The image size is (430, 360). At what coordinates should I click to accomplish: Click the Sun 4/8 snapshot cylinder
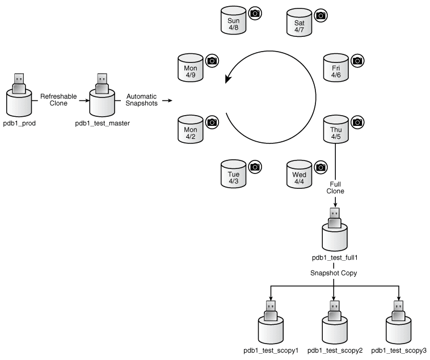point(233,20)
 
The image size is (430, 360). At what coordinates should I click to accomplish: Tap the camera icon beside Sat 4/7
point(321,16)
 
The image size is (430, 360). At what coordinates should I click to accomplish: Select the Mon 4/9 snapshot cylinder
point(191,67)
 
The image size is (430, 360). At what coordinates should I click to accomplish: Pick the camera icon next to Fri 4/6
point(357,61)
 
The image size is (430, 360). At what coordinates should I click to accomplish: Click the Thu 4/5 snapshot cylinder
point(336,129)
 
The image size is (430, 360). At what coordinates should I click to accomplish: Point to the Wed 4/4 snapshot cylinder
point(299,174)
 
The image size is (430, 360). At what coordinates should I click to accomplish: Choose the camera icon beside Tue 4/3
point(255,167)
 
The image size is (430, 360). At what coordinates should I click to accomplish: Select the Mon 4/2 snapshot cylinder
point(191,129)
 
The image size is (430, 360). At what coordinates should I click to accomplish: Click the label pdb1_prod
point(19,123)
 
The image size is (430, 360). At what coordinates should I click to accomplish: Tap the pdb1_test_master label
point(102,123)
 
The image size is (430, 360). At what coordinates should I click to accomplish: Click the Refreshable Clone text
point(58,100)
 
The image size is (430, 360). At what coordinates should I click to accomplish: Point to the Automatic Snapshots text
point(141,100)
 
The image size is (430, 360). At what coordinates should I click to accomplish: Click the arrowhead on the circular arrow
point(228,78)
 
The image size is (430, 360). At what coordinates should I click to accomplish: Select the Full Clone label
point(335,188)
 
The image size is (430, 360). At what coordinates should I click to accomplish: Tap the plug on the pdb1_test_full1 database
point(335,218)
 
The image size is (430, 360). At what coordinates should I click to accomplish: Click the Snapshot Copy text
point(334,273)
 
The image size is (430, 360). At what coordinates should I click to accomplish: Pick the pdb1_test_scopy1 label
point(271,350)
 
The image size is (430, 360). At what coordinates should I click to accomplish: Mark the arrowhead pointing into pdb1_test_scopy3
point(398,298)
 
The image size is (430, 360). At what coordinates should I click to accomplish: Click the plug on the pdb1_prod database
point(19,83)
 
